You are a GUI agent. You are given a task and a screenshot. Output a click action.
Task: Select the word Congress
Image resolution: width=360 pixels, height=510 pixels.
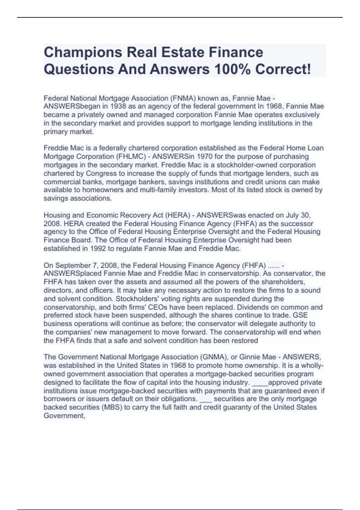click(101, 173)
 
